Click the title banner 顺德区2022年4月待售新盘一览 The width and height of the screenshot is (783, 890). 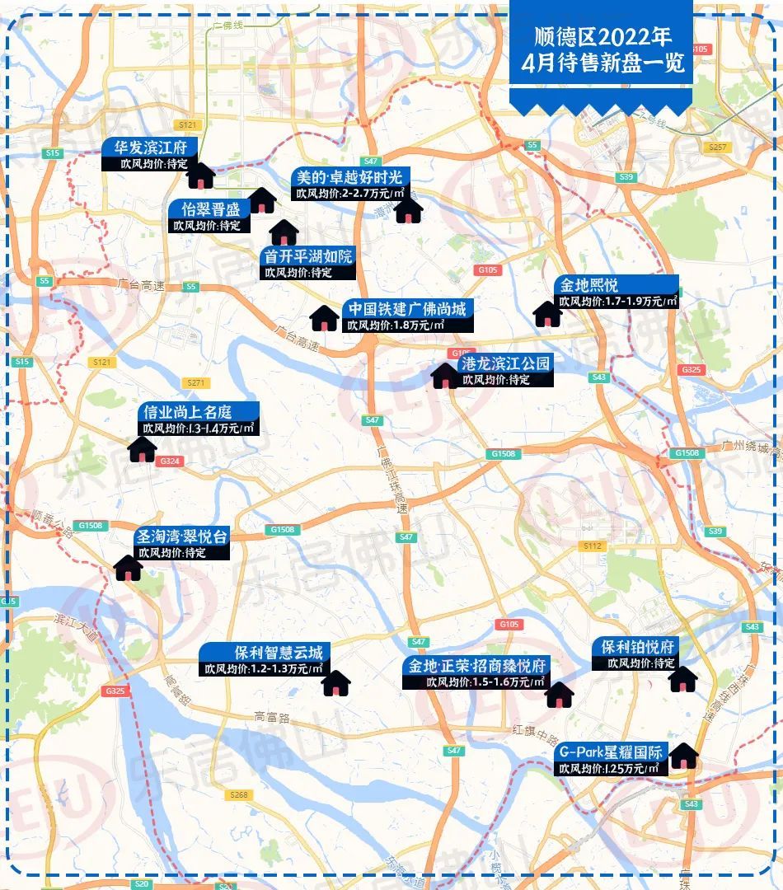(x=600, y=49)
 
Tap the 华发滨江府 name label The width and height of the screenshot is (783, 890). (x=150, y=148)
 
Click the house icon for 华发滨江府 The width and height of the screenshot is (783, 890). (x=201, y=175)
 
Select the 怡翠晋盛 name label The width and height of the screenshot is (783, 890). (x=205, y=208)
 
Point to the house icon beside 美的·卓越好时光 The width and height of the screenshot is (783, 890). (x=408, y=209)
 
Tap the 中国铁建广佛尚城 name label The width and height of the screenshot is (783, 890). (x=407, y=309)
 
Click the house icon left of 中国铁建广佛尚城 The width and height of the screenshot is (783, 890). (x=324, y=317)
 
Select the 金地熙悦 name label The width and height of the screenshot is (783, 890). (x=589, y=285)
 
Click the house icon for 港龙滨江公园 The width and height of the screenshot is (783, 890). (x=446, y=376)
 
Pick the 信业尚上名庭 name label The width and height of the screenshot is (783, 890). (x=188, y=411)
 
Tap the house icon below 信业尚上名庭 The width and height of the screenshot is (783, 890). (x=143, y=449)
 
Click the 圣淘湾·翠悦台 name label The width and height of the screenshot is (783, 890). (x=181, y=536)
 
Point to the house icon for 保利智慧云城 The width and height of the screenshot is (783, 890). (x=335, y=683)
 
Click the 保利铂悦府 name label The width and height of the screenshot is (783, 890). (x=635, y=646)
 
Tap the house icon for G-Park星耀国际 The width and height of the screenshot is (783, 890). (x=683, y=756)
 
